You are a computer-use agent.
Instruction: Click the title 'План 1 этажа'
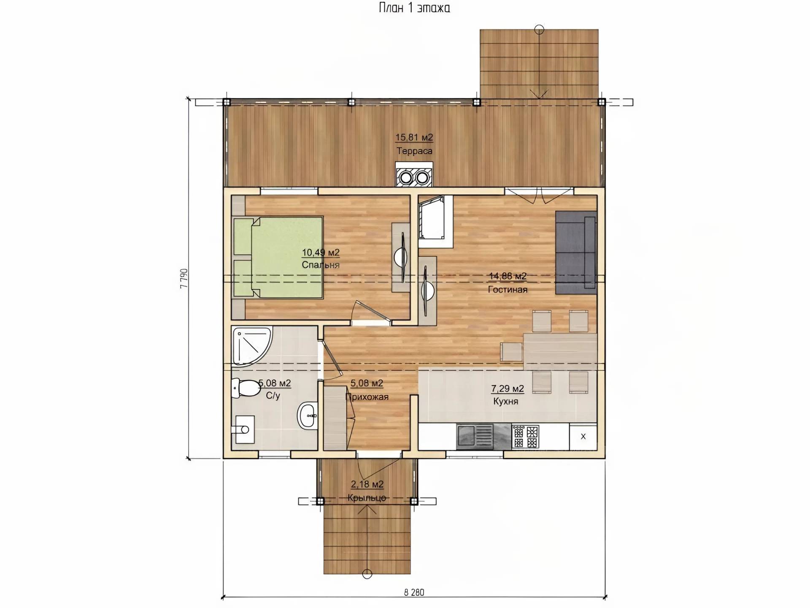click(414, 8)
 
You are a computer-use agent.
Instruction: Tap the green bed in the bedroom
click(278, 258)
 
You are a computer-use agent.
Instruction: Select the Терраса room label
click(414, 151)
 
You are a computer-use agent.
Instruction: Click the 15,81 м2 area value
click(414, 137)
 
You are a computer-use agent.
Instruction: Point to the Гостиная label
click(508, 290)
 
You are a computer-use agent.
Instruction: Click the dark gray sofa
click(576, 252)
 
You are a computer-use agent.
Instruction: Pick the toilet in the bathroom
click(246, 388)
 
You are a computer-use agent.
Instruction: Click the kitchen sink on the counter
click(475, 437)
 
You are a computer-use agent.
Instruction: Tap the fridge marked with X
click(583, 437)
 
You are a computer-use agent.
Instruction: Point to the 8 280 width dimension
click(414, 593)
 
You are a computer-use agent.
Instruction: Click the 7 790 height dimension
click(184, 278)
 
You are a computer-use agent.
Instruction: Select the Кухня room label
click(506, 402)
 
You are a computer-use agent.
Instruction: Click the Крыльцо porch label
click(367, 498)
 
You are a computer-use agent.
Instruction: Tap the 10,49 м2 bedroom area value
click(321, 252)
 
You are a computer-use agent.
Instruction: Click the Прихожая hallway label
click(367, 397)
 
